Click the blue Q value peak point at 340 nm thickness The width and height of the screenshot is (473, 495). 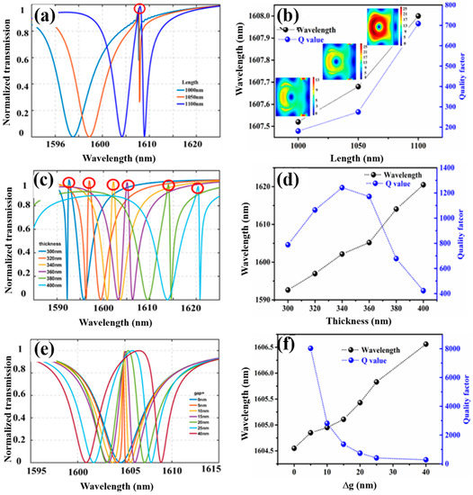[x=342, y=188]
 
